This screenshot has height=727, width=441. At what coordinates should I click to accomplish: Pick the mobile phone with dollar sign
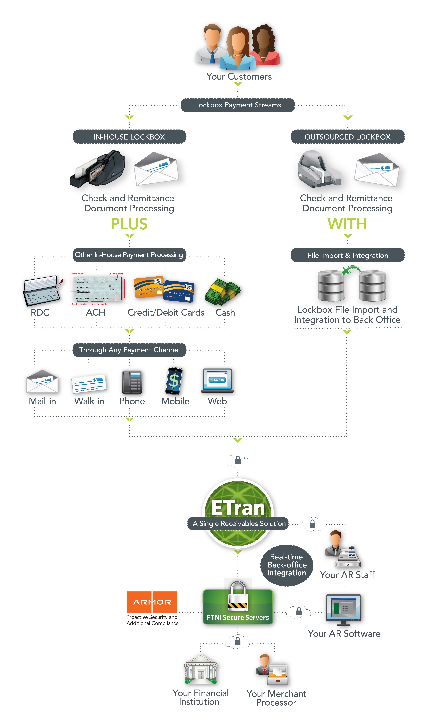coord(174,381)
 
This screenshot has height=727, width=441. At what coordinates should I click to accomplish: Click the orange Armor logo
coord(152,602)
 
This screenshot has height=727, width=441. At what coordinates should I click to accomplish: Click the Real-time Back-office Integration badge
coord(287,565)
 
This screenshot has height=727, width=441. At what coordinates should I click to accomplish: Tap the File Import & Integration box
coord(348,255)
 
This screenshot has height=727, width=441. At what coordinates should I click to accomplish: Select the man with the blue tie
coord(211,44)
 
